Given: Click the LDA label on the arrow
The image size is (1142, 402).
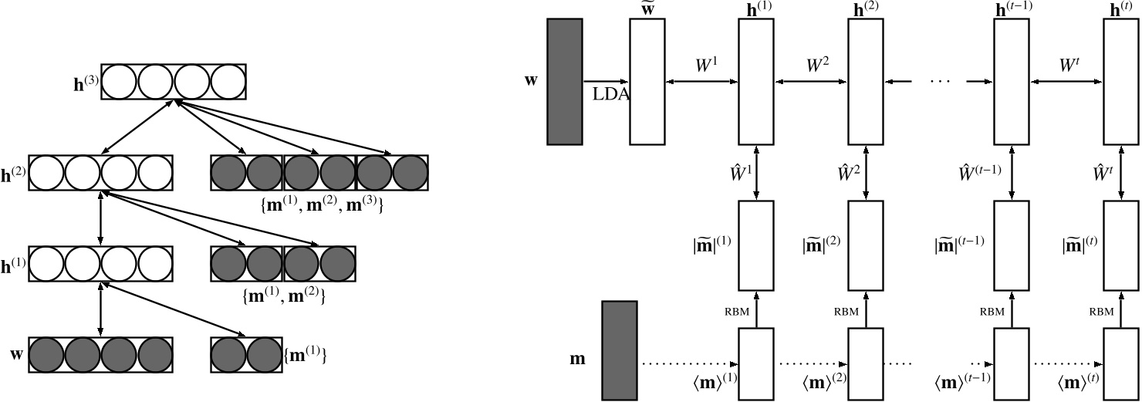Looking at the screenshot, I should (x=610, y=94).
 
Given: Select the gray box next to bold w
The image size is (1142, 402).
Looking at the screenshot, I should (x=565, y=81).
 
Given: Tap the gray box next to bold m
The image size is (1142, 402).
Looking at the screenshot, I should (x=620, y=350).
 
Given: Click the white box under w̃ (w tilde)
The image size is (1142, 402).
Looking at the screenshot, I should (x=647, y=81).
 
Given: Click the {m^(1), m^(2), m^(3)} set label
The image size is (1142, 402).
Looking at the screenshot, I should (x=319, y=206).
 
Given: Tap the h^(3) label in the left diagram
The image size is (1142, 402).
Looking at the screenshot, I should (x=86, y=83).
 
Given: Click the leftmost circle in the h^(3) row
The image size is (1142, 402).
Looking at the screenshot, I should (x=120, y=82).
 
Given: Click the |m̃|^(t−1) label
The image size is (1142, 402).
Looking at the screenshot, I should (x=958, y=246).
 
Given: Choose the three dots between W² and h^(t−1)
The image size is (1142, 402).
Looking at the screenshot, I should (x=938, y=81).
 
